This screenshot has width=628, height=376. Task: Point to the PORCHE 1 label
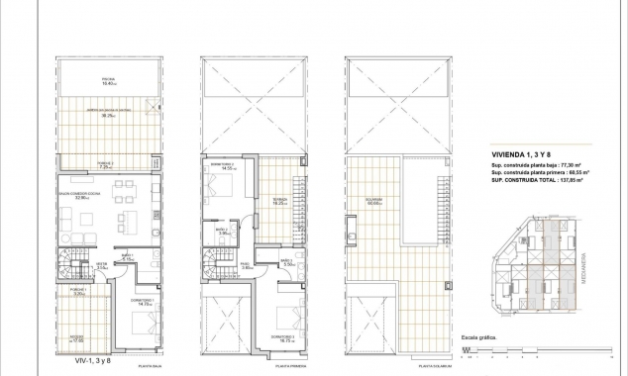(80, 293)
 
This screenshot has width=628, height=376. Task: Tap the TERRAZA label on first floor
(280, 200)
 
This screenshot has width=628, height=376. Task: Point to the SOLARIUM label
(374, 202)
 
